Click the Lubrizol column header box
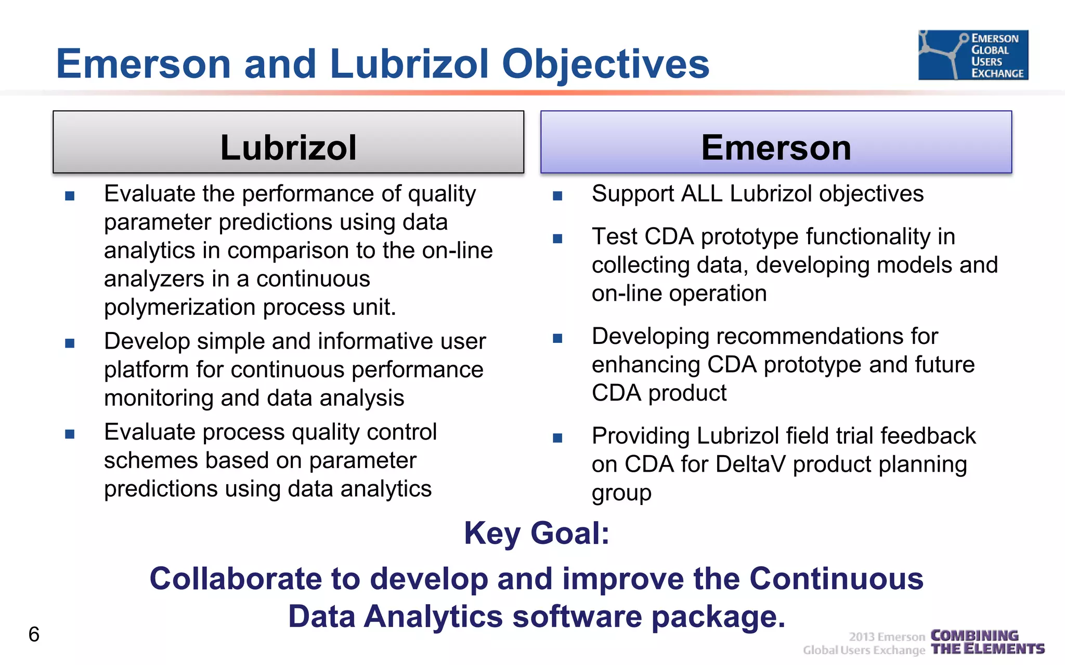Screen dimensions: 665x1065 tap(288, 142)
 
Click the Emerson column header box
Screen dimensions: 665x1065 tap(776, 142)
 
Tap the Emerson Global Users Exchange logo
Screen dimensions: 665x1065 tap(973, 55)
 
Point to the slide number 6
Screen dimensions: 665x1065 tap(34, 634)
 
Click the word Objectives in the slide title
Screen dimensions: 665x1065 tap(605, 64)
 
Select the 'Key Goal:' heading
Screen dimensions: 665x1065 tap(537, 533)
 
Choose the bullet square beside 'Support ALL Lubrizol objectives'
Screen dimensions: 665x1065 tap(557, 196)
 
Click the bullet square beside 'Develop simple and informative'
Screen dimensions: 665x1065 tap(70, 343)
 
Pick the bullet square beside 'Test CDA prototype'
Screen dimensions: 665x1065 tap(557, 238)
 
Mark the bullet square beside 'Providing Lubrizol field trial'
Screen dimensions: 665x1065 tap(557, 438)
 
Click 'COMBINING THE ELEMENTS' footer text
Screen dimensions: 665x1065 tap(987, 643)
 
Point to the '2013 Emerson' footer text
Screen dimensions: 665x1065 tap(887, 637)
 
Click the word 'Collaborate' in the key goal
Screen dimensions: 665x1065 tap(236, 579)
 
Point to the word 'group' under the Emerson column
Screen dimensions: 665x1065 tap(621, 493)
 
